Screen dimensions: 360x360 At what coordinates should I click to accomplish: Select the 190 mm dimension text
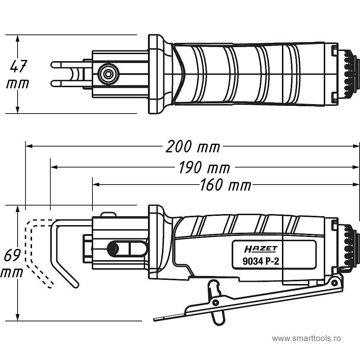point(204,168)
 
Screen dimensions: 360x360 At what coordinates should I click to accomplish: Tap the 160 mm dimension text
point(225,185)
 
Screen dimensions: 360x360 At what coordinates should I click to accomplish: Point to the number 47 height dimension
point(19,66)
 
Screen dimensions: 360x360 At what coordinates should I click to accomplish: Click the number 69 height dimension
point(12,256)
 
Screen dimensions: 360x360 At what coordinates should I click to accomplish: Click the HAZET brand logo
point(261,249)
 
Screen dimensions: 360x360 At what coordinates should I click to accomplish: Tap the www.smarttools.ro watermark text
point(306,338)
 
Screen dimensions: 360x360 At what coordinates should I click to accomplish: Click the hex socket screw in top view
point(108,74)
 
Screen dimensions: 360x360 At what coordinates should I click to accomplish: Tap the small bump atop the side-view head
point(108,214)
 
